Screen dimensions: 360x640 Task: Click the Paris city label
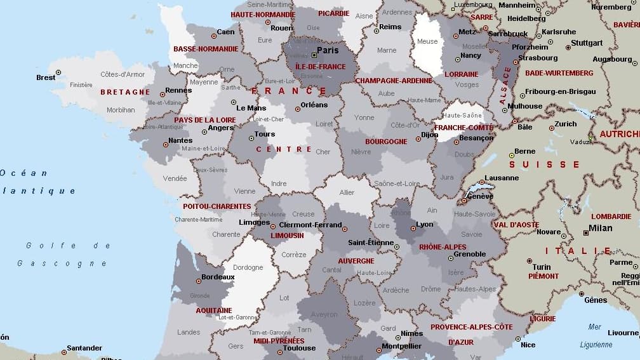pyautogui.click(x=328, y=51)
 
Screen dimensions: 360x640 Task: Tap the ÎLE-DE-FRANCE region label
pyautogui.click(x=321, y=67)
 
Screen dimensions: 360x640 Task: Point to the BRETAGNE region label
pyautogui.click(x=125, y=92)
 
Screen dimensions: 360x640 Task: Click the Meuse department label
pyautogui.click(x=427, y=42)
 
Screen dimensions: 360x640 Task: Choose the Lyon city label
pyautogui.click(x=424, y=225)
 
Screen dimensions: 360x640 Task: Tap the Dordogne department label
pyautogui.click(x=248, y=267)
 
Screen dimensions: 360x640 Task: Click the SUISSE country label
pyautogui.click(x=544, y=164)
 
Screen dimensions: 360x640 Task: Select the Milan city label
pyautogui.click(x=600, y=229)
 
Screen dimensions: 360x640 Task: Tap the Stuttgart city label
pyautogui.click(x=587, y=43)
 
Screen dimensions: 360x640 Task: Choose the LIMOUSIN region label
pyautogui.click(x=287, y=236)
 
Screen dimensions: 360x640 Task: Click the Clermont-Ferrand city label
pyautogui.click(x=310, y=225)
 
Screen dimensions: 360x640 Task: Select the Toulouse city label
pyautogui.click(x=299, y=348)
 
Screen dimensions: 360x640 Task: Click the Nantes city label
pyautogui.click(x=180, y=140)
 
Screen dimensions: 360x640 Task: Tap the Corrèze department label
pyautogui.click(x=294, y=255)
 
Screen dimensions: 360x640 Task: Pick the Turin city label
pyautogui.click(x=542, y=267)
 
